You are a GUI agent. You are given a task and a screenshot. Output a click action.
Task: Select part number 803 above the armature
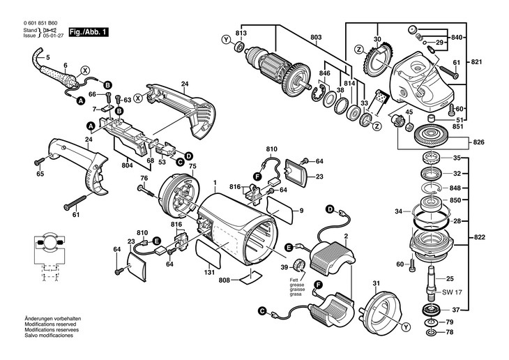click(x=316, y=36)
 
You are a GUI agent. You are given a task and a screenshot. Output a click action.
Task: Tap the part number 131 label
click(x=209, y=273)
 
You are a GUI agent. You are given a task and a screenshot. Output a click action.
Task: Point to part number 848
click(x=455, y=188)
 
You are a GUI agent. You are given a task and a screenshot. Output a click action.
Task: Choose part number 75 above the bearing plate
click(x=192, y=166)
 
